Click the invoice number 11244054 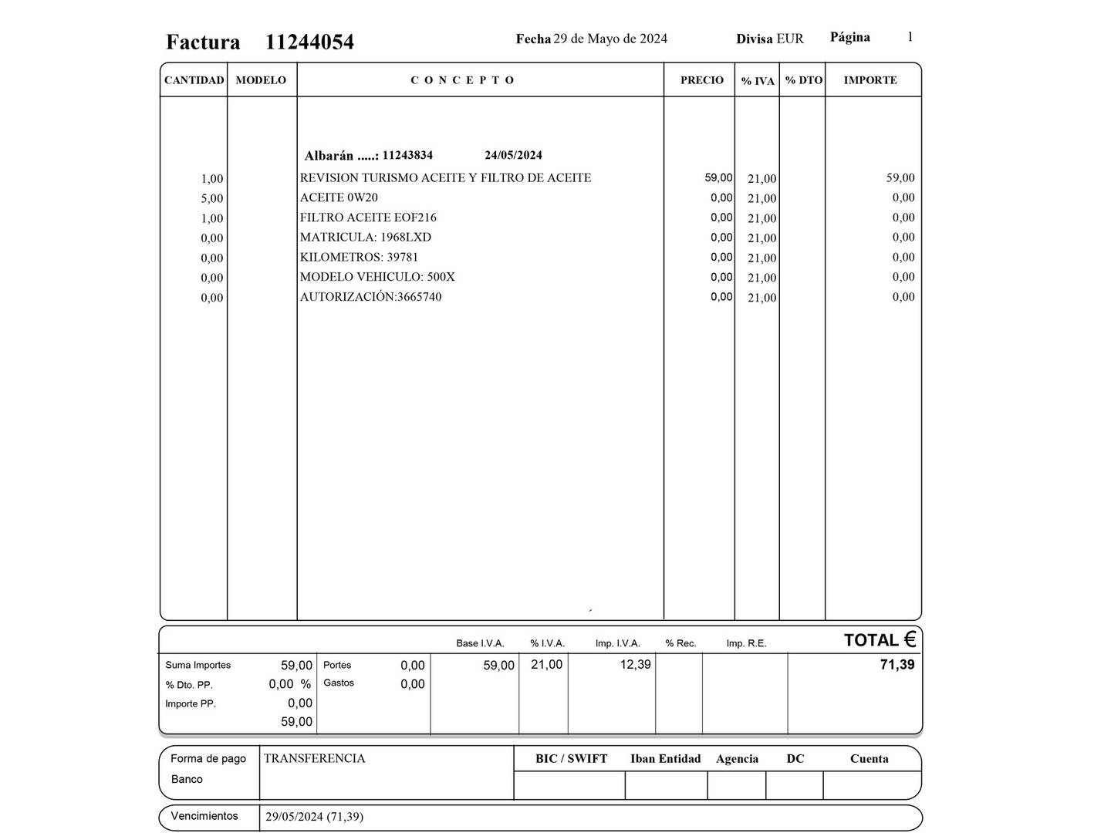click(x=309, y=42)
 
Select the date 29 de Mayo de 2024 click(x=610, y=39)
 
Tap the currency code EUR click(x=790, y=39)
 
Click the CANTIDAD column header click(x=194, y=80)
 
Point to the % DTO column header click(x=803, y=80)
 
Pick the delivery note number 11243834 click(x=407, y=155)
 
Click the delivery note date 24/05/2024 click(x=513, y=155)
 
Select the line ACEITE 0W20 click(x=339, y=197)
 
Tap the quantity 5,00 click(x=211, y=198)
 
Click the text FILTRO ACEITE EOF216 click(x=368, y=218)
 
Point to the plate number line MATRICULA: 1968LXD click(x=366, y=238)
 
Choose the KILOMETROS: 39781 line click(x=359, y=257)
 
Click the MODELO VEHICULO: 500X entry click(x=377, y=277)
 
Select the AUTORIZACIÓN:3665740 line click(x=370, y=297)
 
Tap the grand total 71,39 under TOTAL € click(x=897, y=665)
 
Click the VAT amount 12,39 click(x=635, y=664)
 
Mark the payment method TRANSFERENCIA click(x=314, y=758)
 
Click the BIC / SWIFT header click(x=571, y=759)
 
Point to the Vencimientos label click(x=204, y=816)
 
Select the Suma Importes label click(x=198, y=665)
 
